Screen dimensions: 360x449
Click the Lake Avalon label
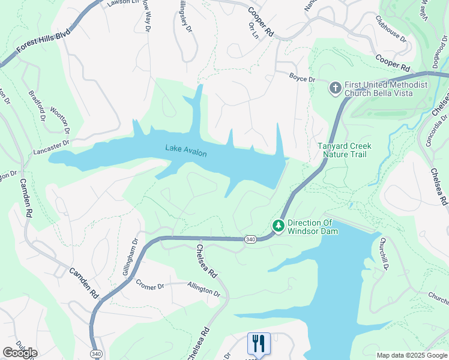pos(186,151)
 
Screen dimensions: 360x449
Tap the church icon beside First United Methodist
pos(335,89)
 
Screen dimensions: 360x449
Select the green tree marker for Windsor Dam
pos(278,226)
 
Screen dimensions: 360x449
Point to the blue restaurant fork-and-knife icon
pos(259,343)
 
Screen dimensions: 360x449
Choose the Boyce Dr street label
pos(302,78)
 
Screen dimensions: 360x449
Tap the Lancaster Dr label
pos(53,144)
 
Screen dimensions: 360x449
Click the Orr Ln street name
pos(253,31)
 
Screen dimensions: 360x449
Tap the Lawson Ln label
pos(118,3)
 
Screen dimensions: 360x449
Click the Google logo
pos(20,353)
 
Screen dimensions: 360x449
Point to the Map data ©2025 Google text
pos(412,355)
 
